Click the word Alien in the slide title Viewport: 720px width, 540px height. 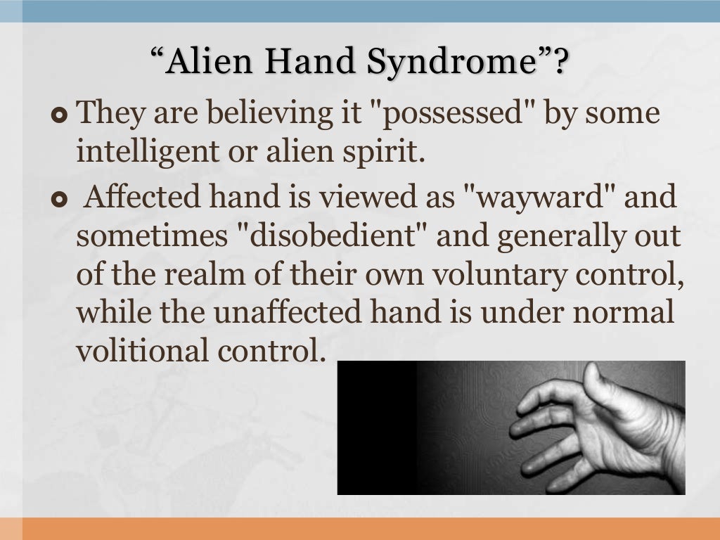pos(212,62)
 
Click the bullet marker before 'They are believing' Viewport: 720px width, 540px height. pos(59,114)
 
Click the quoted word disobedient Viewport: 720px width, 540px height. pos(333,237)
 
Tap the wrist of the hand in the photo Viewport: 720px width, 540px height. pos(671,450)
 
